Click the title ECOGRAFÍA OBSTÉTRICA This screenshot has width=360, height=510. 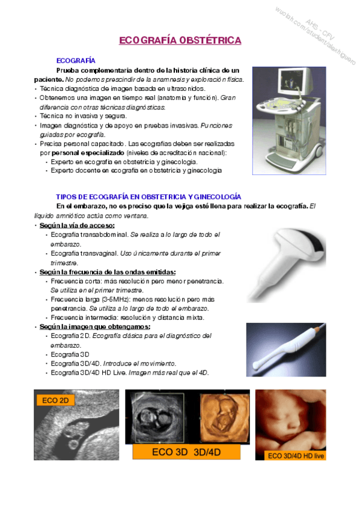pos(180,40)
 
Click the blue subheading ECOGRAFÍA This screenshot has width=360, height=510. pos(75,61)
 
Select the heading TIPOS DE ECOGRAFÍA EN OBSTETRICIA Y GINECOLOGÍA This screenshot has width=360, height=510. pos(148,197)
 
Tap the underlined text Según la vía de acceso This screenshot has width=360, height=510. pos(76,225)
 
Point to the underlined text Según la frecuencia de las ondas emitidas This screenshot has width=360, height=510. pos(107,272)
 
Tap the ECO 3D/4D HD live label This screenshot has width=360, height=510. pos(295,456)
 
